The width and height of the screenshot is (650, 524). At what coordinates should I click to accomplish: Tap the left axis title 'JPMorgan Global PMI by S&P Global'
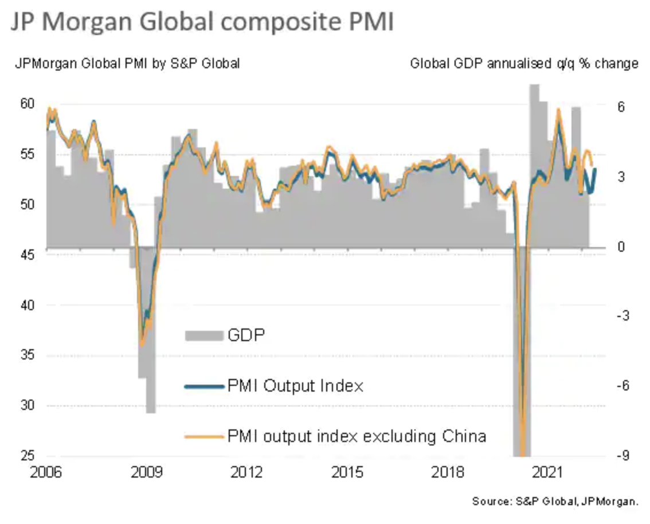coord(127,64)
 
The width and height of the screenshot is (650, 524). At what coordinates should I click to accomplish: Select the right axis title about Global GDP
coord(524,64)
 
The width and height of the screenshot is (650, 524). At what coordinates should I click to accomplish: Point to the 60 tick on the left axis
coord(28,104)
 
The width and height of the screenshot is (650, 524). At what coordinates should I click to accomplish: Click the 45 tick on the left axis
coord(28,255)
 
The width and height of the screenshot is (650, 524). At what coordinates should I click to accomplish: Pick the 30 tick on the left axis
coord(28,405)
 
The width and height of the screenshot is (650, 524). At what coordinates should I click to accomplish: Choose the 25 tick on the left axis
coord(28,456)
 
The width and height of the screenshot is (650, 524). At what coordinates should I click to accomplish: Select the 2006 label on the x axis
coord(46,473)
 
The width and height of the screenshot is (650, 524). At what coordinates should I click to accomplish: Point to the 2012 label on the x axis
coord(247,473)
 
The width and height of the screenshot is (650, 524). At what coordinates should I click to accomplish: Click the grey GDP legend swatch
coord(203,335)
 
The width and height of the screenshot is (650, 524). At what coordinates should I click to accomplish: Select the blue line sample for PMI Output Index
coord(203,386)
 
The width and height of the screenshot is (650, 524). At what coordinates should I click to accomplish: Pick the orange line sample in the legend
coord(203,437)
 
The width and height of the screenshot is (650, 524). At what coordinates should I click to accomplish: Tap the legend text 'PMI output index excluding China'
coord(357,436)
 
